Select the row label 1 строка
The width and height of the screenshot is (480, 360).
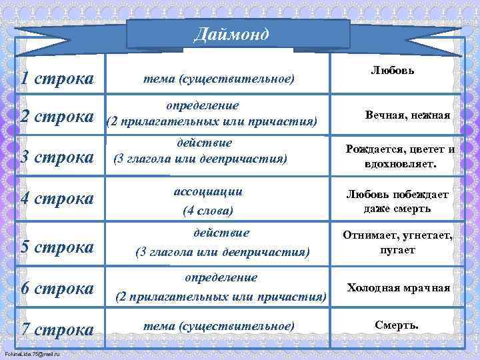click(x=57, y=79)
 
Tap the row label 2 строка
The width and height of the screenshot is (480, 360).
click(x=57, y=116)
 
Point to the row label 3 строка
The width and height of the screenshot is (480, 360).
click(x=57, y=157)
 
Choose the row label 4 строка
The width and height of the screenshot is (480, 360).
click(x=57, y=199)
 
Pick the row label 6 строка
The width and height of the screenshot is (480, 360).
click(x=57, y=288)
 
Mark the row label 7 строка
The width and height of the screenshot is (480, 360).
click(x=57, y=329)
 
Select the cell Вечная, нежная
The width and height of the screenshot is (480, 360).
click(x=407, y=115)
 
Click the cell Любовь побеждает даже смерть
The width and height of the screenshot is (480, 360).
click(x=397, y=201)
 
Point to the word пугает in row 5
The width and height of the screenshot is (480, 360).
click(x=398, y=250)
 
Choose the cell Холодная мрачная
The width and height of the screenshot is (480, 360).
click(x=398, y=288)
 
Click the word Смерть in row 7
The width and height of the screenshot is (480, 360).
click(x=397, y=325)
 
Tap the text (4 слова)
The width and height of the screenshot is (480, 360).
click(x=207, y=211)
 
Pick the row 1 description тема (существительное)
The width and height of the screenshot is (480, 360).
click(x=217, y=79)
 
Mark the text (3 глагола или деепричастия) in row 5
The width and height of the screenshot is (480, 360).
click(x=222, y=252)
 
